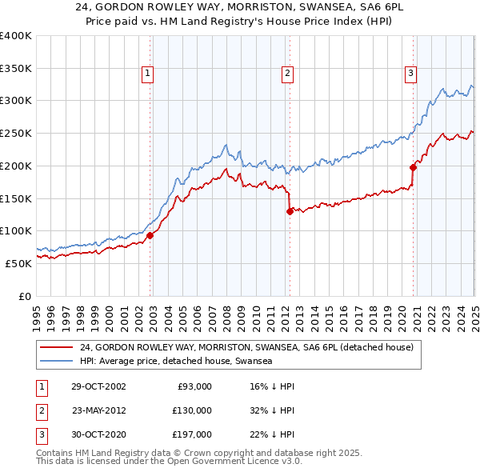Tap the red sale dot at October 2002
pyautogui.click(x=150, y=234)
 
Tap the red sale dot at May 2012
pyautogui.click(x=290, y=211)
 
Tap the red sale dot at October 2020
pyautogui.click(x=414, y=167)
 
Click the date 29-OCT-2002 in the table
pyautogui.click(x=98, y=386)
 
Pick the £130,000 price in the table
pyautogui.click(x=192, y=410)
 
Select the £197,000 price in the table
pyautogui.click(x=192, y=434)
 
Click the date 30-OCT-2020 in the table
pyautogui.click(x=98, y=434)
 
